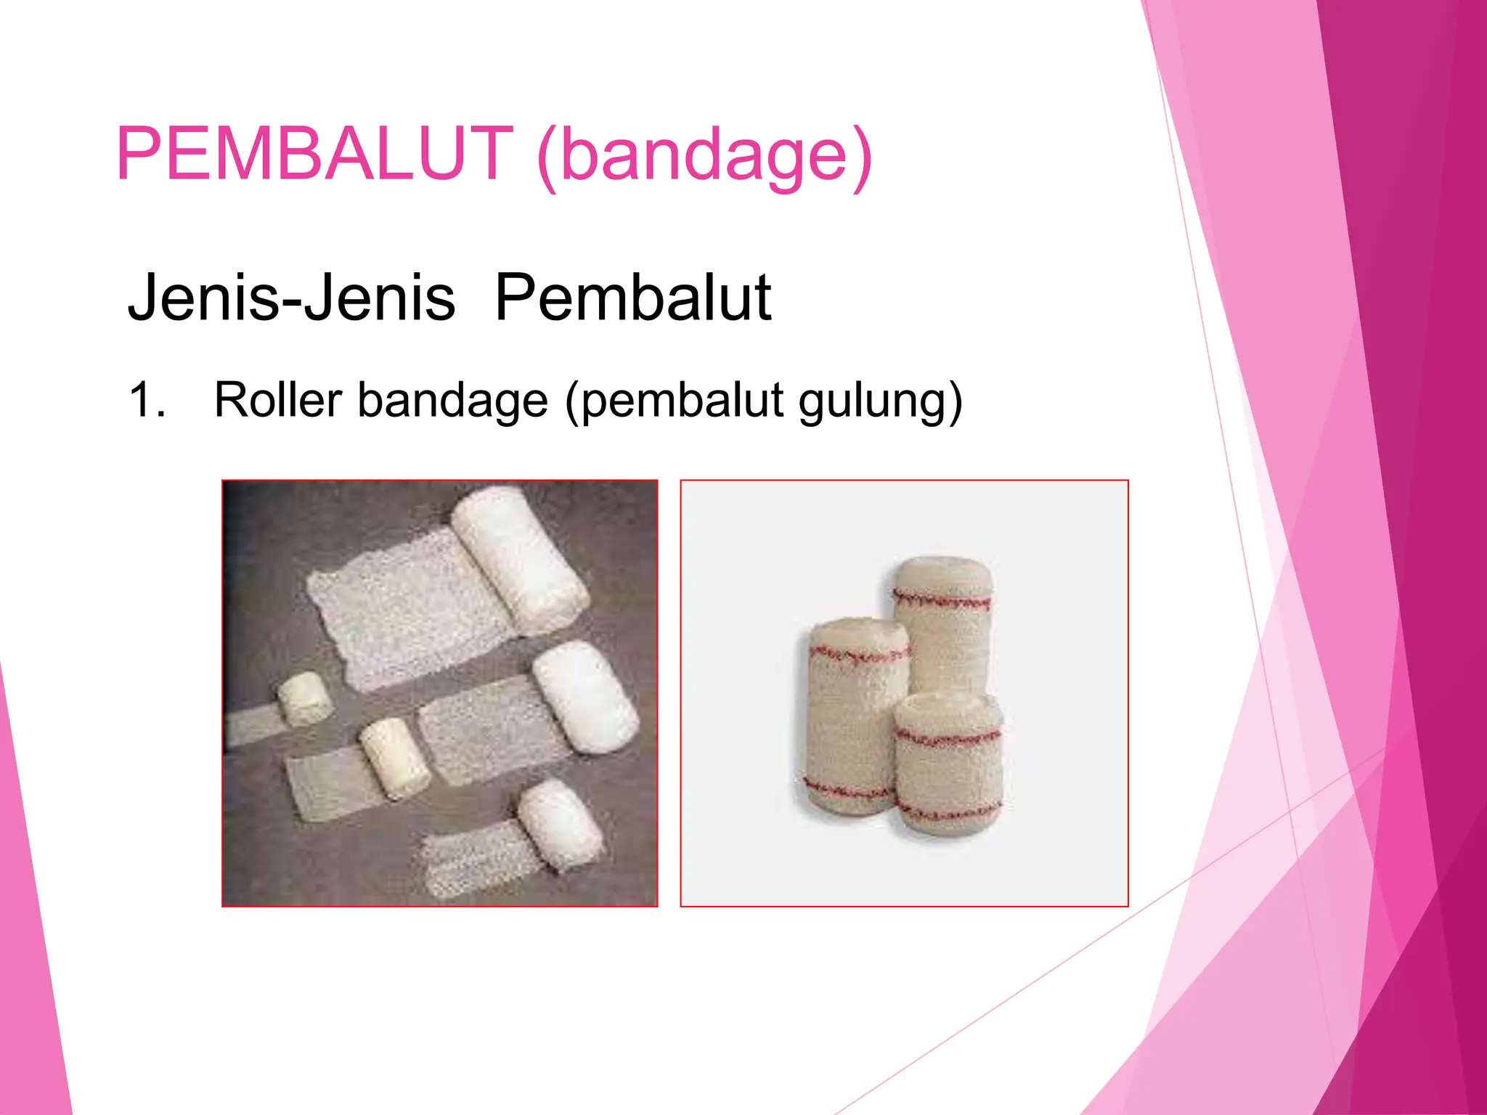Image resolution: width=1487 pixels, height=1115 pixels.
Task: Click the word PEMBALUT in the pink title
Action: (x=314, y=154)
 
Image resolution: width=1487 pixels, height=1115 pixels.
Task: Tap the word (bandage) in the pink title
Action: (x=704, y=156)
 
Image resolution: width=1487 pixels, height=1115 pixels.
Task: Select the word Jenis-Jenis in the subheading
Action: (x=291, y=298)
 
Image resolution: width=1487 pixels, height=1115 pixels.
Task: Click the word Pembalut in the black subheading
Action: (x=632, y=298)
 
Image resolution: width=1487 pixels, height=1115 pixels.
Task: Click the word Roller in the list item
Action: (x=277, y=400)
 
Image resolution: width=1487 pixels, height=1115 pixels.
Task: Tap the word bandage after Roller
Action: (x=452, y=401)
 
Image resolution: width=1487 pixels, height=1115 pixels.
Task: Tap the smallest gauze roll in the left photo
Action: (x=305, y=698)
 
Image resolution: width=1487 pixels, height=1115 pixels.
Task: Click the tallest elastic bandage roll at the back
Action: (x=942, y=624)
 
